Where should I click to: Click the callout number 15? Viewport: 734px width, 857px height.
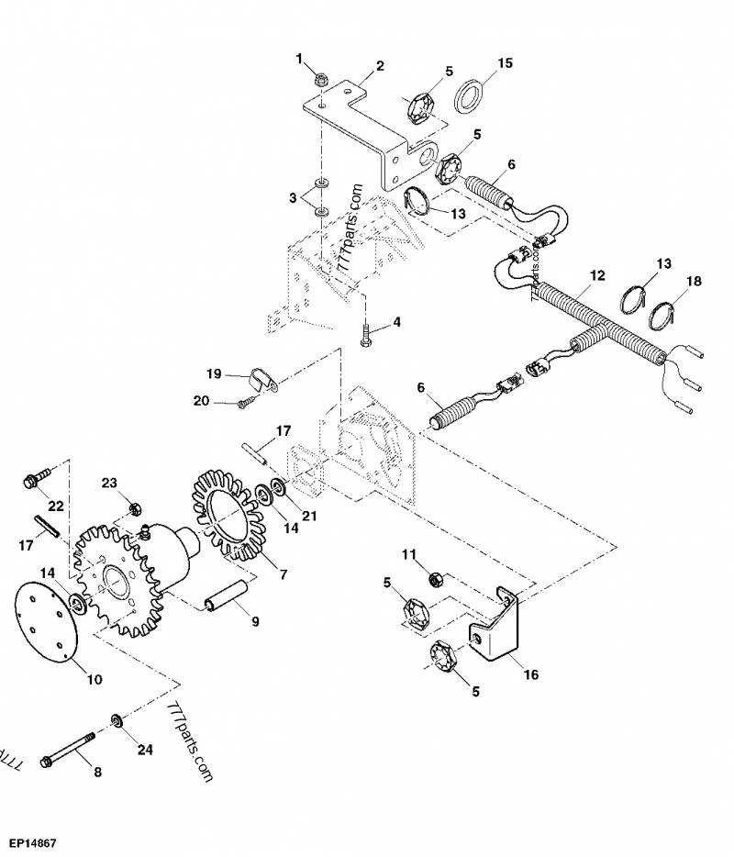(x=505, y=63)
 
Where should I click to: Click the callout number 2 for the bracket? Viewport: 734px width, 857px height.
(x=379, y=65)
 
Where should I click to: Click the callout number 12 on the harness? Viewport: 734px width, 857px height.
(x=598, y=275)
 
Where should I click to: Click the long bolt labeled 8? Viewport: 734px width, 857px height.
(x=68, y=748)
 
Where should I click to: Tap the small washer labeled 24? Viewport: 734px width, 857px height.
(x=117, y=721)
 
